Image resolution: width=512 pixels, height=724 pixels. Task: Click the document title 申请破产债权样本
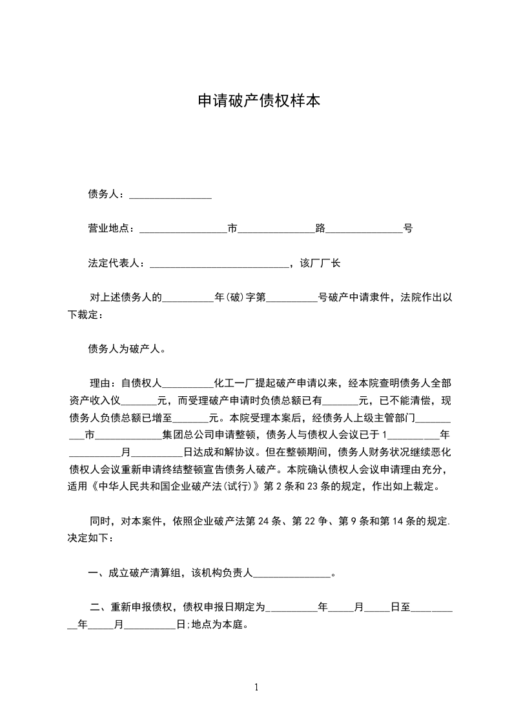258,101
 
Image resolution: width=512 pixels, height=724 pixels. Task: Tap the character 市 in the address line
232,228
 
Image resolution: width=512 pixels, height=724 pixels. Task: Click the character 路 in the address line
320,228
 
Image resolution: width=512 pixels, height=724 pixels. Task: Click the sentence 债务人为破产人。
127,349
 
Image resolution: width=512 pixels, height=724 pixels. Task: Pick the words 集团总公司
187,434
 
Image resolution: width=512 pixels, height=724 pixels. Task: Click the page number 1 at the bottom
256,688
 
